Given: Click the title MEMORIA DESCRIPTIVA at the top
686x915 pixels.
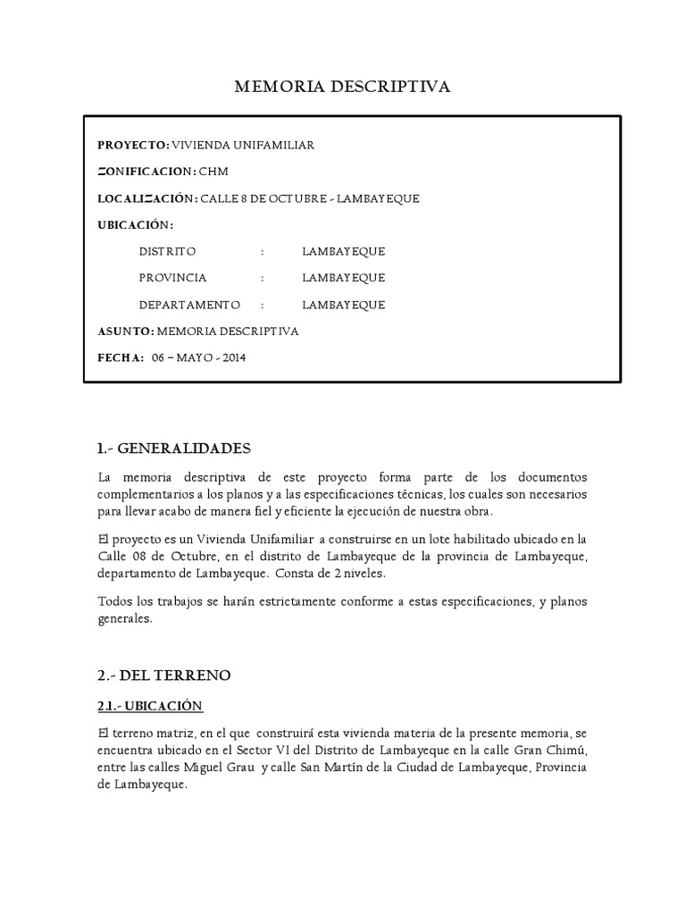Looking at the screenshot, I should [x=342, y=87].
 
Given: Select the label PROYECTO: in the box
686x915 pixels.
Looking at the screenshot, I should [x=133, y=145].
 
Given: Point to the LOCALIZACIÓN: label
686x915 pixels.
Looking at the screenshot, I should [x=146, y=198].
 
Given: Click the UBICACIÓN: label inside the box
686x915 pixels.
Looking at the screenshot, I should [x=136, y=224].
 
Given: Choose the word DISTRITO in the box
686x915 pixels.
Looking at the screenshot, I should [x=167, y=251].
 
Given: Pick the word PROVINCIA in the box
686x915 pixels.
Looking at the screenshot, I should [x=173, y=278].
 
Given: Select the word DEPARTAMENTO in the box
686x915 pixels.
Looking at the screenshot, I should [x=190, y=305].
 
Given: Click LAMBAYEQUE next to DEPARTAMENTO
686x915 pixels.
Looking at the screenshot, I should [x=343, y=305].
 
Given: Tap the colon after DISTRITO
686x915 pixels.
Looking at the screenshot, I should [x=263, y=251].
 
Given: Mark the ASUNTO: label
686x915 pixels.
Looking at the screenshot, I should [x=126, y=332].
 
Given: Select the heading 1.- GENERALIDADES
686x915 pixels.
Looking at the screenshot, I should [x=174, y=448].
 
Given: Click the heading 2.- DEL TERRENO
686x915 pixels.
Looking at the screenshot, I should [x=163, y=673].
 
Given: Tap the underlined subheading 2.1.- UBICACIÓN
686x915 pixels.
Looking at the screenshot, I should [x=150, y=707].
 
